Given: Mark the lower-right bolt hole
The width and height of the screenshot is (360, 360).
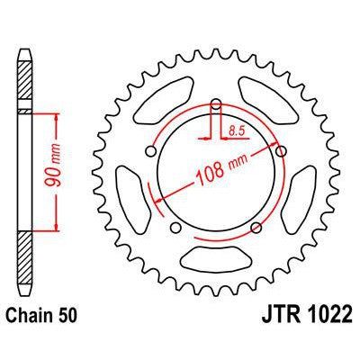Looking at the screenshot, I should pyautogui.click(x=256, y=222).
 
